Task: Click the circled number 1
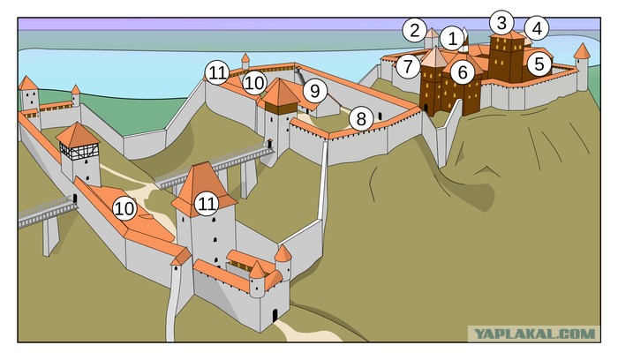[x=452, y=39]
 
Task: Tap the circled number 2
[x=414, y=30]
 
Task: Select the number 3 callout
[x=501, y=23]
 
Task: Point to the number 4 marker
[x=537, y=28]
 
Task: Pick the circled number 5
[x=539, y=64]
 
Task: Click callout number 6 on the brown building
[x=463, y=72]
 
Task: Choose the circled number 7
[x=408, y=66]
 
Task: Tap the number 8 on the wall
[x=360, y=119]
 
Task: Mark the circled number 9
[x=315, y=91]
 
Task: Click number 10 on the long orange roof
[x=124, y=208]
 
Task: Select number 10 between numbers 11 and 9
[x=254, y=83]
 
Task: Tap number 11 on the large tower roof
[x=207, y=204]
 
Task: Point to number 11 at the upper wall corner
[x=217, y=73]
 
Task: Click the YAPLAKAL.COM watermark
[x=534, y=334]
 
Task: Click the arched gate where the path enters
[x=275, y=315]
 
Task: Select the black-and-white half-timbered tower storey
[x=79, y=151]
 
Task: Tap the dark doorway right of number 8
[x=380, y=116]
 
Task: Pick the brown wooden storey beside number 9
[x=280, y=109]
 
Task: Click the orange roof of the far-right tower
[x=582, y=51]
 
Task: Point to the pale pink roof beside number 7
[x=434, y=57]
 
